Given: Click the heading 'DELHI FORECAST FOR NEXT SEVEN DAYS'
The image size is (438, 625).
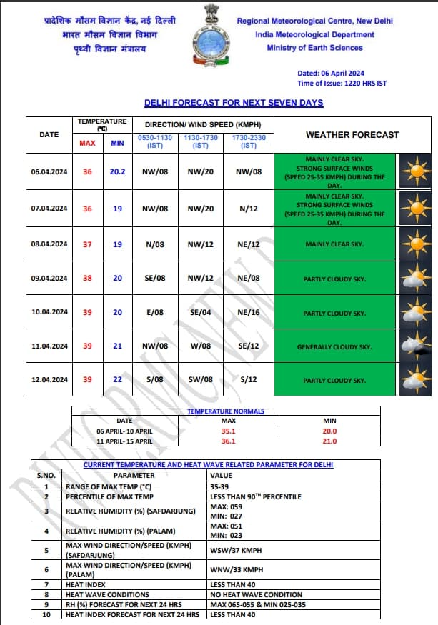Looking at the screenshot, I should tap(234, 103).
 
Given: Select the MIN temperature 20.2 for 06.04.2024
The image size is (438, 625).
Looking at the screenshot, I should tap(117, 171).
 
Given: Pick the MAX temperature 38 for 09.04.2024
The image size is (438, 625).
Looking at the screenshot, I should tap(87, 278).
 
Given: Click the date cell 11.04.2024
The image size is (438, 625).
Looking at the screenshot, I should tap(49, 346).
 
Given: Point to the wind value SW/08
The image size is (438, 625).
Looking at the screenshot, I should tap(200, 380).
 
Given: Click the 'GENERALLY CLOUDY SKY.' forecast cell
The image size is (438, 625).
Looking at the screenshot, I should tap(334, 347).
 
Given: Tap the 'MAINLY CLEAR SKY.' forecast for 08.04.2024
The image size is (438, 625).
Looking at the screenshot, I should tap(334, 244).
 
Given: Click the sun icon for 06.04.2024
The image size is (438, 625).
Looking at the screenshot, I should tap(413, 172).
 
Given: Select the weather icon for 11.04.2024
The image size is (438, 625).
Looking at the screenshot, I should tap(413, 346).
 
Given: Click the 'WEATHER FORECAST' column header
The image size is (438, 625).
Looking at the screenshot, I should tap(352, 134).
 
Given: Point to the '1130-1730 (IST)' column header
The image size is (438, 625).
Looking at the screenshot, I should tap(201, 141).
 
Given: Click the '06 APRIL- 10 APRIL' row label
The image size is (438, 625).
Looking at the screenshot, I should tap(124, 431).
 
